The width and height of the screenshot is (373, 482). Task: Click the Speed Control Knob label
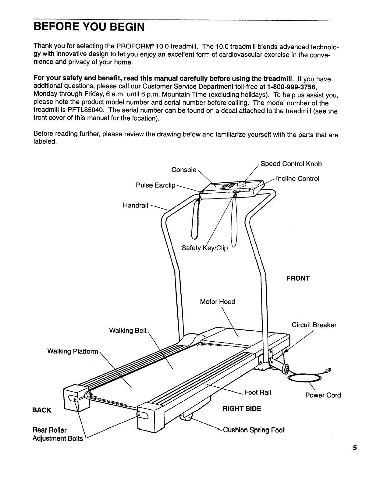(x=291, y=164)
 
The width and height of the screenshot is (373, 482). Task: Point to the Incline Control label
(x=297, y=178)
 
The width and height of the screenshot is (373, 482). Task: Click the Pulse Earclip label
(x=155, y=185)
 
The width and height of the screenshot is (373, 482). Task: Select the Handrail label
(x=135, y=205)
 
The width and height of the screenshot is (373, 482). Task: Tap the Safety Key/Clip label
(x=204, y=248)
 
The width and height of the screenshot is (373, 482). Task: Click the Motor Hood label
(x=217, y=301)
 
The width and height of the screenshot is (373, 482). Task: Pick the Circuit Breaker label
(x=314, y=325)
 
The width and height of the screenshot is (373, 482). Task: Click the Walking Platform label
(x=73, y=351)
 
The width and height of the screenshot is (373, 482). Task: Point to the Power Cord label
(x=323, y=395)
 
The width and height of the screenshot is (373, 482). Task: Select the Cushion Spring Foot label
(x=254, y=430)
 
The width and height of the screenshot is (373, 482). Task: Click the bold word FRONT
(x=298, y=278)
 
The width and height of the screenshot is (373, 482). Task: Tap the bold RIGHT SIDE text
(x=242, y=409)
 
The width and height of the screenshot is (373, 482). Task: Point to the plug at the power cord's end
(x=328, y=371)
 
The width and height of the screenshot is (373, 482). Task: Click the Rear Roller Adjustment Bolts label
(x=58, y=434)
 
